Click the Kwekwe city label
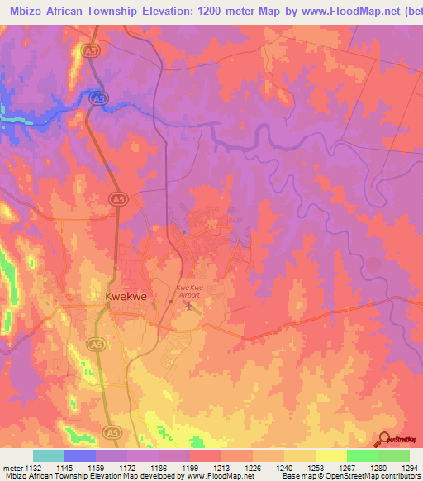tap(126, 295)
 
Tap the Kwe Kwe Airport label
tap(190, 289)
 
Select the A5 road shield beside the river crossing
tap(99, 98)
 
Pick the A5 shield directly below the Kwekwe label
tap(97, 344)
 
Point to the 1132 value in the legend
tap(35, 468)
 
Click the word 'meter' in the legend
tap(12, 468)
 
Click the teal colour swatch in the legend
tap(48, 455)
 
